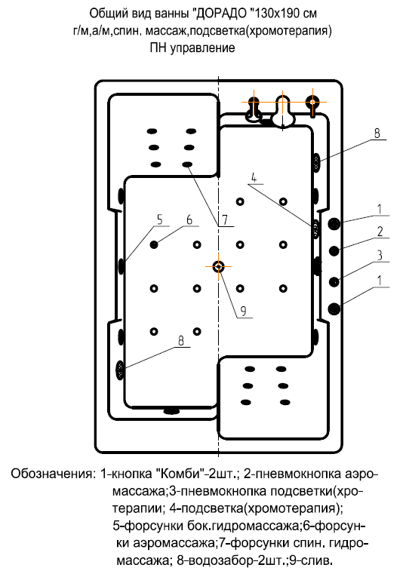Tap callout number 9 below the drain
pyautogui.click(x=242, y=310)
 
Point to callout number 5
pyautogui.click(x=159, y=219)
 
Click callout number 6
pyautogui.click(x=189, y=219)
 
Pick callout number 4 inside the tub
pyautogui.click(x=254, y=179)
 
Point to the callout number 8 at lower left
pyautogui.click(x=180, y=340)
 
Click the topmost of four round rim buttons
pyautogui.click(x=334, y=222)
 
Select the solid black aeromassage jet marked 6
pyautogui.click(x=155, y=244)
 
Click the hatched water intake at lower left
pyautogui.click(x=121, y=369)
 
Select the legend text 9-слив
pyautogui.click(x=311, y=562)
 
